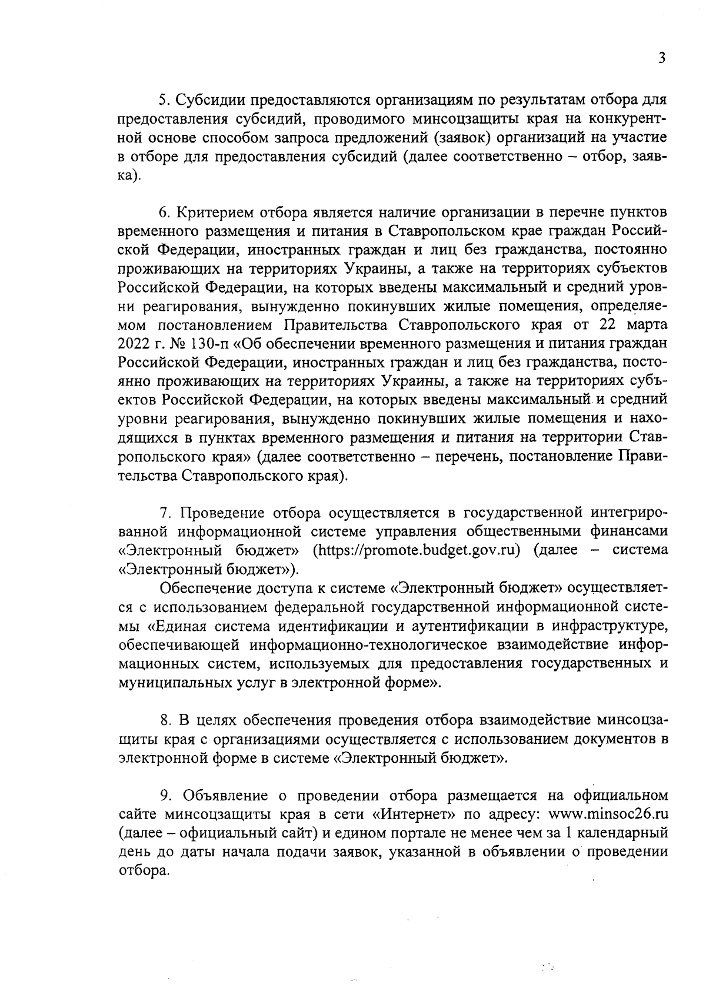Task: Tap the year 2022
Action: coord(133,344)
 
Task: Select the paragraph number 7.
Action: coord(164,513)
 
